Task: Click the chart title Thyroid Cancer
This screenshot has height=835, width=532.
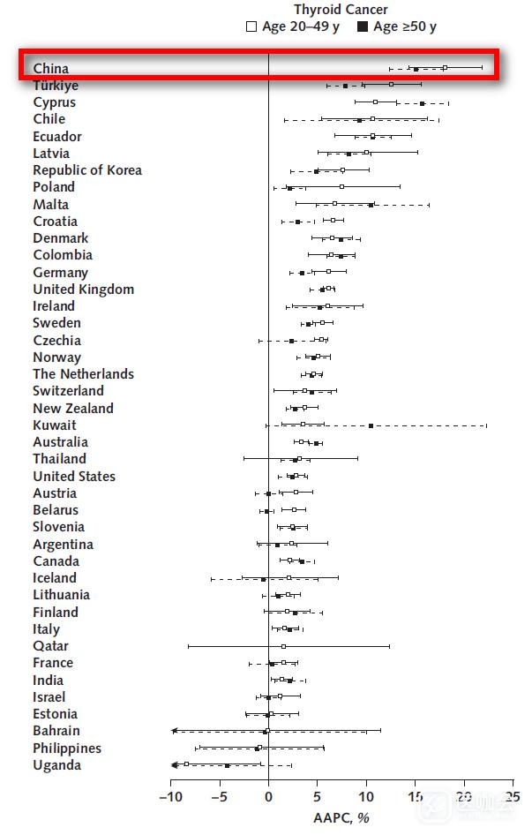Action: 341,10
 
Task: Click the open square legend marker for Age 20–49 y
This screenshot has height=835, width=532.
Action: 251,27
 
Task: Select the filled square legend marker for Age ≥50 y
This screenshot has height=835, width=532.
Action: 363,27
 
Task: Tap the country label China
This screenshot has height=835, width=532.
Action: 51,68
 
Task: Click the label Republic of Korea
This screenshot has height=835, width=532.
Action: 87,170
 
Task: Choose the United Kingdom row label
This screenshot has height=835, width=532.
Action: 84,290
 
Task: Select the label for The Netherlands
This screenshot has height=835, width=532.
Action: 84,374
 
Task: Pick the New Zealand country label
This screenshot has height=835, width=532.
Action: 73,409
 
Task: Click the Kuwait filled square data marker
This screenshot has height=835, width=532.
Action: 371,425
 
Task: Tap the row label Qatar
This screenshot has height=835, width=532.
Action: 51,646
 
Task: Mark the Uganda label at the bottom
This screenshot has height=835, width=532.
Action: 57,765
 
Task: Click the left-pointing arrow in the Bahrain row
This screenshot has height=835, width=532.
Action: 175,731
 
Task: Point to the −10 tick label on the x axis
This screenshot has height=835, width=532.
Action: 169,797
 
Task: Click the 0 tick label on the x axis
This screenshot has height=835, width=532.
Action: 268,797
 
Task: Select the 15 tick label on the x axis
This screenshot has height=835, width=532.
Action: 415,797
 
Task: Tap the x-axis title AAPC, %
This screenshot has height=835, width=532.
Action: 341,818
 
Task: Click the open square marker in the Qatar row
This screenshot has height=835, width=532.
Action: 283,646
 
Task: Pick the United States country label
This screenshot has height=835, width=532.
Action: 74,477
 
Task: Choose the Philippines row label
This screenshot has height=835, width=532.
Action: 67,748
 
